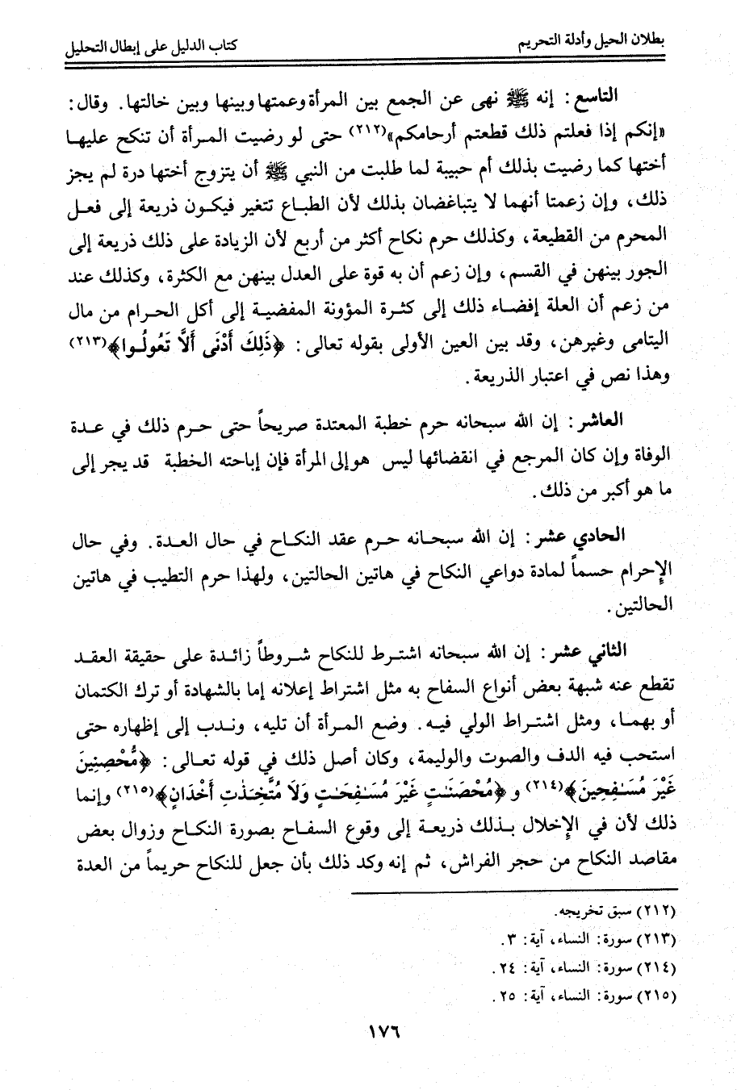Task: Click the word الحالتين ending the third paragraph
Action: point(637,606)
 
